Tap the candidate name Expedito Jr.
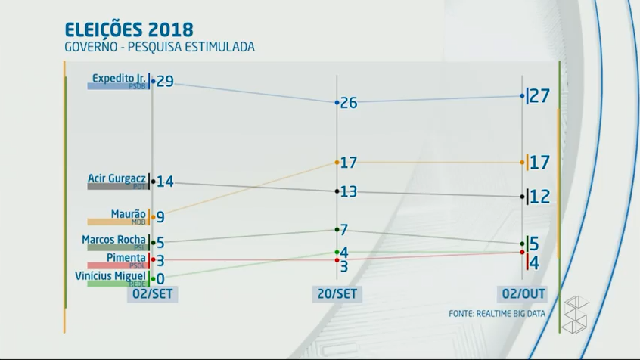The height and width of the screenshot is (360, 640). [x=119, y=77]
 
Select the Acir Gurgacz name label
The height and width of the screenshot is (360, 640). [x=117, y=178]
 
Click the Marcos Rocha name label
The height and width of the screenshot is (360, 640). [x=113, y=240]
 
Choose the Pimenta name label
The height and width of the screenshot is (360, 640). [x=126, y=258]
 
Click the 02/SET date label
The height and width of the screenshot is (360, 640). [x=152, y=293]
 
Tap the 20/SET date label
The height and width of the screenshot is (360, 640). [x=337, y=293]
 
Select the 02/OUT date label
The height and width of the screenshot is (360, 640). [x=522, y=293]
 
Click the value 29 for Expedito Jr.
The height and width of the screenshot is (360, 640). [x=165, y=81]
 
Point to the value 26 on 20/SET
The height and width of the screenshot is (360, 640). [x=349, y=103]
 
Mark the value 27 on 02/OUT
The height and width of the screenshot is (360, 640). [x=540, y=95]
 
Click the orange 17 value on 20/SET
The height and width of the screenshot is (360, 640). [x=348, y=162]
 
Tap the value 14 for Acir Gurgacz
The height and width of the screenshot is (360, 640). [x=165, y=182]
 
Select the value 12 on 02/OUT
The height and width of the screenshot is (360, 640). [x=540, y=197]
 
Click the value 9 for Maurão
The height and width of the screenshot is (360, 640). [x=160, y=217]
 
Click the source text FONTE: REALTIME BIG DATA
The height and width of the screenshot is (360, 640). [x=496, y=313]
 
